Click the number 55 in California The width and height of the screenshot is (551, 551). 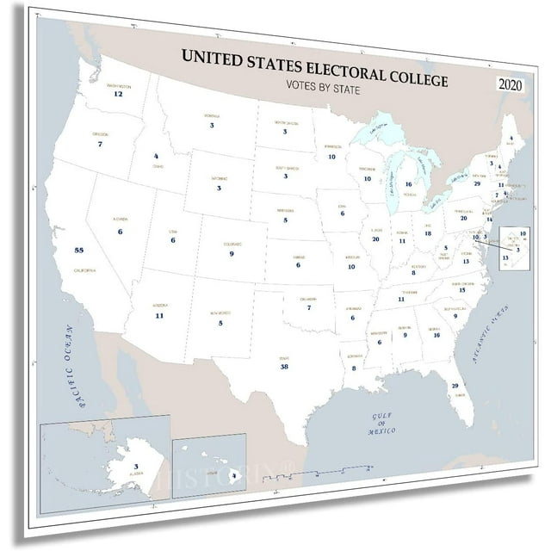[x=79, y=250]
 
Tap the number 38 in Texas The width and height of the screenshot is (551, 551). [x=284, y=367]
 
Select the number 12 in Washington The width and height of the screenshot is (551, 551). [x=118, y=94]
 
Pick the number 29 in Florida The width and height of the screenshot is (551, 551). [x=455, y=386]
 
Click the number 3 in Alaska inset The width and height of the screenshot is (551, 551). [x=112, y=467]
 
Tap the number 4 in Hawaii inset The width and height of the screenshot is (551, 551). [x=233, y=473]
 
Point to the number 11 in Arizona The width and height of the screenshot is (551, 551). [x=159, y=316]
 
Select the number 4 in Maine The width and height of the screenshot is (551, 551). [x=510, y=138]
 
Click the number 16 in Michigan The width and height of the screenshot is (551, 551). [x=408, y=184]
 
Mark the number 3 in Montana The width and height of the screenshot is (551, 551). [x=212, y=126]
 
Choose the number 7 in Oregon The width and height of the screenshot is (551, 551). [x=100, y=145]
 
